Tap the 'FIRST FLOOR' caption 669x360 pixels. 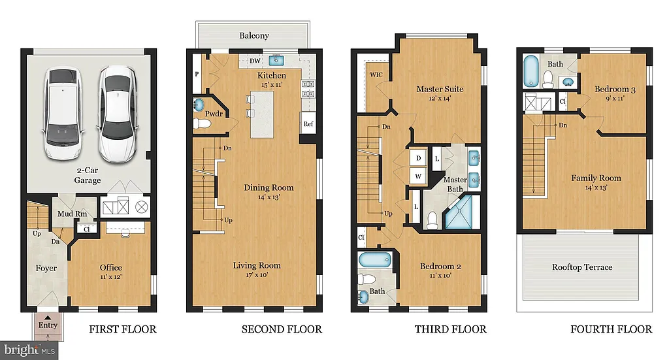coord(123,329)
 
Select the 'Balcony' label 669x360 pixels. coord(254,35)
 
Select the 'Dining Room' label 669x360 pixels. coord(269,188)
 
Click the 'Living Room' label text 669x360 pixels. coord(257,265)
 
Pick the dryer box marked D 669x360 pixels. coord(417,159)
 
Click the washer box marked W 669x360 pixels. coord(417,176)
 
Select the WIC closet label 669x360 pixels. coord(376,74)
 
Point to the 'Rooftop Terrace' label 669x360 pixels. coord(582,267)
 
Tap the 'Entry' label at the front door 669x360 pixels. coord(48,325)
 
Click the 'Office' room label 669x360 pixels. coord(110,268)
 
